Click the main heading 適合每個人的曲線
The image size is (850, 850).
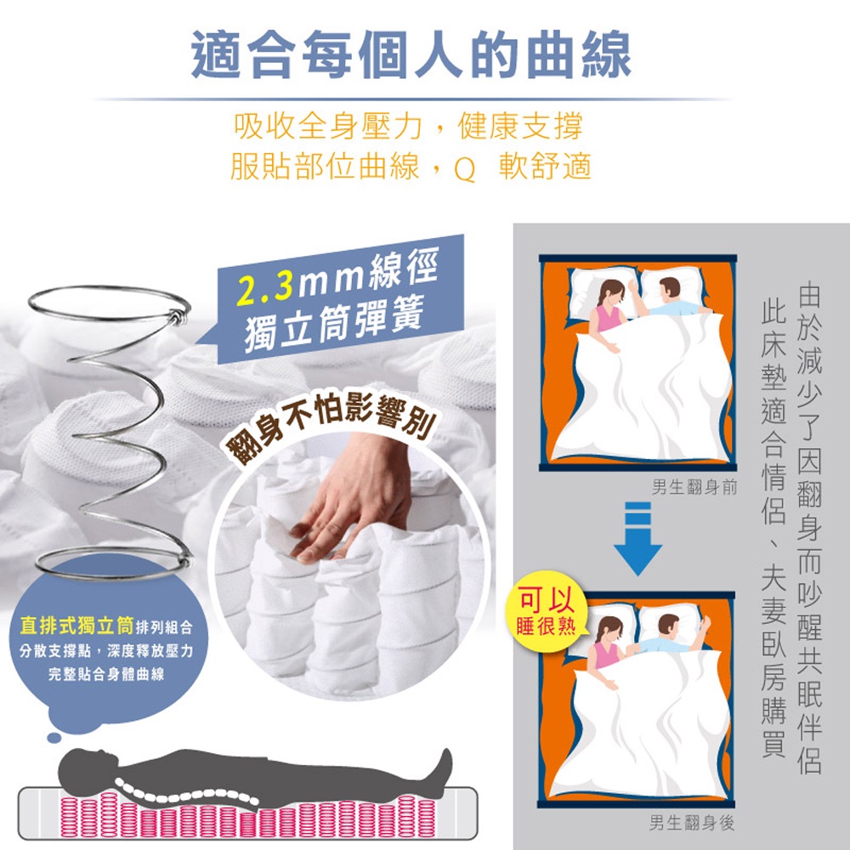click(411, 54)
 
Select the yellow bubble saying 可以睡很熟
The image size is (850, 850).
click(546, 610)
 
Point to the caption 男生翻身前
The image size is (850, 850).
click(694, 487)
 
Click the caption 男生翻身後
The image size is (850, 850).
click(692, 823)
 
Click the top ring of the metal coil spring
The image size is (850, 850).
click(110, 303)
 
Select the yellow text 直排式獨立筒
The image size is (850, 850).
click(76, 626)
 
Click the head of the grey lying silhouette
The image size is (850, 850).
click(82, 766)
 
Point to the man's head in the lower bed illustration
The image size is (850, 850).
click(668, 626)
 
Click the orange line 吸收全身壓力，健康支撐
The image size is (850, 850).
click(409, 127)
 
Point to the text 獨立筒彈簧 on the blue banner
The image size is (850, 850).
click(333, 323)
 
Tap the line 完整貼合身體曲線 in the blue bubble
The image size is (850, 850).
click(106, 674)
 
